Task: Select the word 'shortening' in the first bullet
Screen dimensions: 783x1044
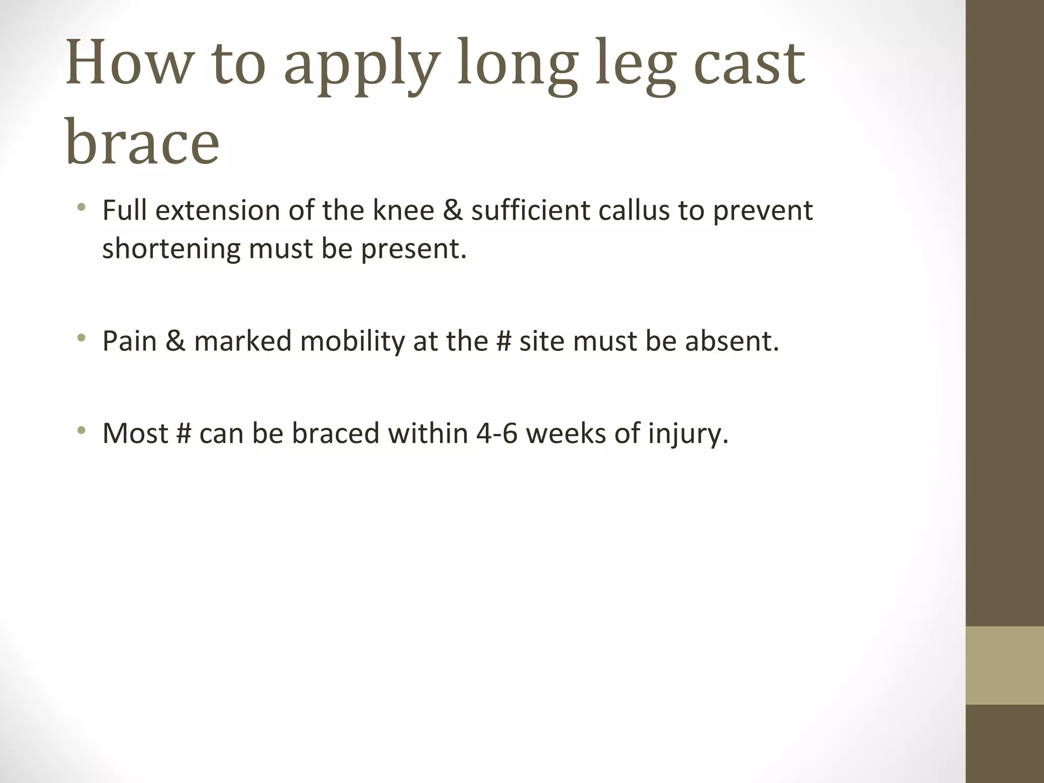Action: (171, 249)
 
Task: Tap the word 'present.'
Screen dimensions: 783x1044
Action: (414, 249)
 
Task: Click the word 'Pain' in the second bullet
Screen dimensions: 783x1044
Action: (129, 341)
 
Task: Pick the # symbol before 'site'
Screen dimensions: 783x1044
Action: (504, 341)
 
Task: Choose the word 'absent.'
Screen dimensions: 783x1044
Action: (732, 341)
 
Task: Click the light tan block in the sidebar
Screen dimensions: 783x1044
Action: (1004, 665)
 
